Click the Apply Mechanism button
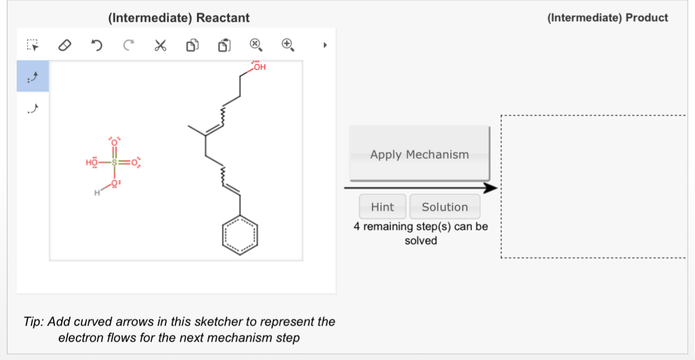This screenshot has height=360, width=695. (x=419, y=154)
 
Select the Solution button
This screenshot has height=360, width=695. (x=444, y=207)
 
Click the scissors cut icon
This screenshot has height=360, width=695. (x=160, y=45)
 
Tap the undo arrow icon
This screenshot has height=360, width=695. (x=96, y=45)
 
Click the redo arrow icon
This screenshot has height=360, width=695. (x=128, y=45)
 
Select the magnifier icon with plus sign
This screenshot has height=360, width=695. (x=287, y=44)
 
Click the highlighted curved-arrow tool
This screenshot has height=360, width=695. (x=33, y=76)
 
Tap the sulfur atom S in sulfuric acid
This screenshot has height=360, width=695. (x=114, y=163)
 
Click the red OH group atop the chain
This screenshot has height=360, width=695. (x=259, y=67)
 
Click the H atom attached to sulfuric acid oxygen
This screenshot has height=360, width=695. (x=96, y=194)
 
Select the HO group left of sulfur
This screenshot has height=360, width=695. (x=91, y=163)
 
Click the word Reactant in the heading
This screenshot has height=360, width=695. (x=223, y=18)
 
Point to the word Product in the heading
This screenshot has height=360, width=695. (x=647, y=18)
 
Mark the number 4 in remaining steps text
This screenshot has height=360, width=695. (x=356, y=227)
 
